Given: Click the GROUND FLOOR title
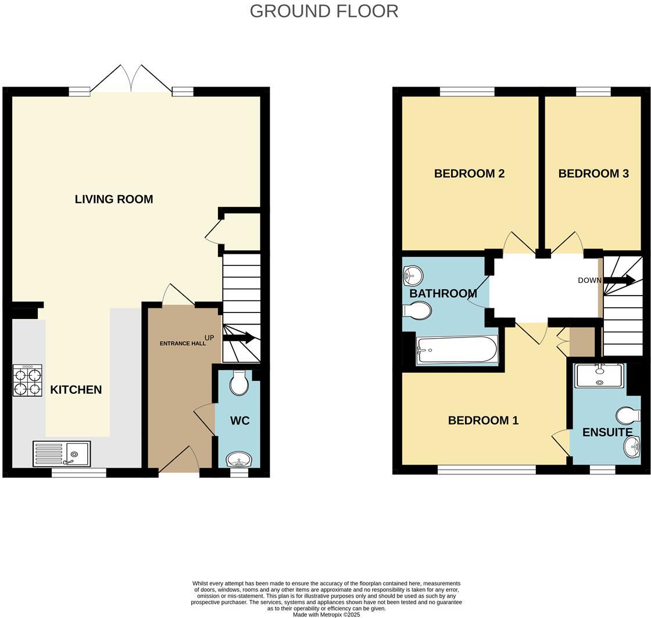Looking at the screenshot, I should [x=324, y=11].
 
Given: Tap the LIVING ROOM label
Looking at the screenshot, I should [x=114, y=199].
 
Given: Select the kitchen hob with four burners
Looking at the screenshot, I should [x=27, y=380].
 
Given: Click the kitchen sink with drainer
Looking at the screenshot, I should [x=62, y=454].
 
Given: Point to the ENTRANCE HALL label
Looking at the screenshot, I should [x=183, y=343].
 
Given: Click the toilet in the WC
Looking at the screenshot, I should [x=239, y=382].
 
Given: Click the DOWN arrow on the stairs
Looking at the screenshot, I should [x=618, y=281].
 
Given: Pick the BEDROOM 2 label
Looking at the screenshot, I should [x=469, y=174].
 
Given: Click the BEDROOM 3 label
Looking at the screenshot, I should [x=593, y=174].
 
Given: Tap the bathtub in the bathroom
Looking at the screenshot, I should [x=457, y=350].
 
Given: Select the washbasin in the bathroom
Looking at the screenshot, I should [x=413, y=275].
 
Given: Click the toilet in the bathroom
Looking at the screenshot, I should [x=417, y=311].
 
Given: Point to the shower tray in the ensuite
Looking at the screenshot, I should [x=599, y=376].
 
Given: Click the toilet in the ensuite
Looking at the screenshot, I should [x=628, y=415].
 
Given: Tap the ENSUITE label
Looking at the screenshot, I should [x=607, y=433].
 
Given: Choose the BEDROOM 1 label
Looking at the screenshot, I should [x=483, y=421].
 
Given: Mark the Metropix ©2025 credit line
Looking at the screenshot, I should [x=326, y=615].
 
